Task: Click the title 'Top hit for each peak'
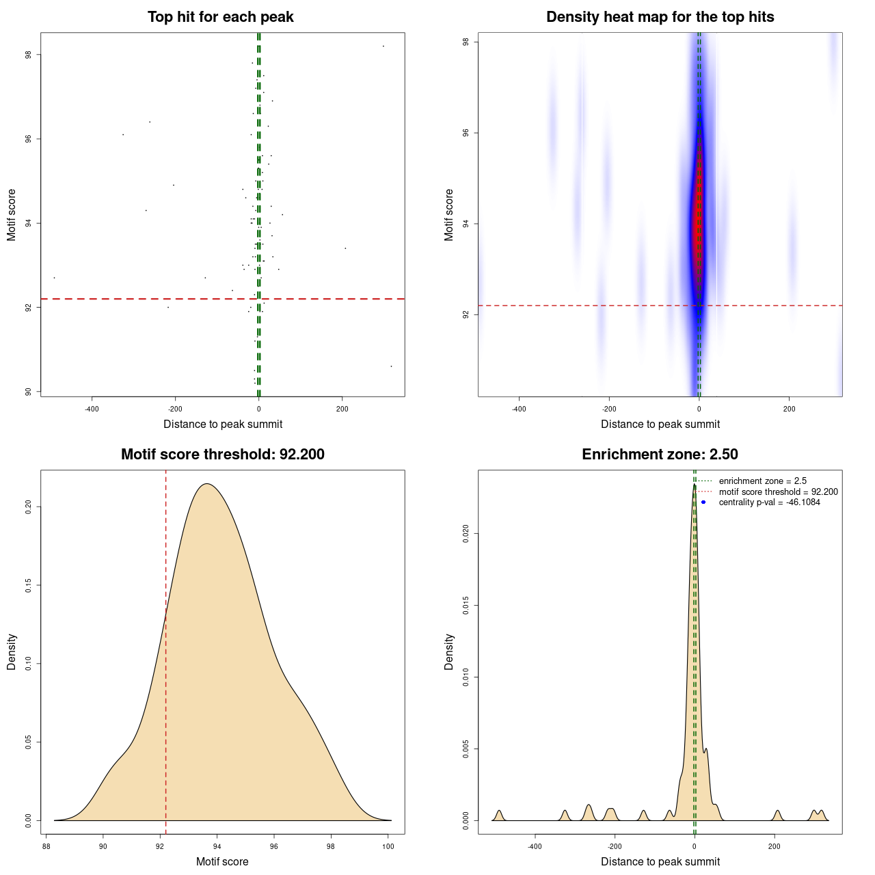tap(220, 17)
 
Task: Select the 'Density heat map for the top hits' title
tap(660, 17)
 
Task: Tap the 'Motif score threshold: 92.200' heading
tap(222, 455)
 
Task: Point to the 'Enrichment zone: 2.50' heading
tap(660, 455)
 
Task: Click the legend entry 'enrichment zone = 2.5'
tap(762, 481)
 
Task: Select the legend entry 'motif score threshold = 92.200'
tap(778, 492)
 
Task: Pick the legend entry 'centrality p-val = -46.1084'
tap(769, 502)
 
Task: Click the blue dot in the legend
tap(703, 502)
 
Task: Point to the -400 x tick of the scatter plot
tap(92, 409)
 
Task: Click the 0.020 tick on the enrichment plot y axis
tap(466, 533)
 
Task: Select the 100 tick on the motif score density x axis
tap(388, 847)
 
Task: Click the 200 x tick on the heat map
tap(789, 409)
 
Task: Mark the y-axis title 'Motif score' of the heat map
tap(449, 215)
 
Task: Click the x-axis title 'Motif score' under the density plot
tap(222, 862)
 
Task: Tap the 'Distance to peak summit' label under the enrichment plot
tap(660, 862)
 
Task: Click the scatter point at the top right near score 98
tap(383, 46)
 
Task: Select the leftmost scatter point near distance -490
tap(54, 278)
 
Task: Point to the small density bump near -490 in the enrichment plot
tap(499, 814)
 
